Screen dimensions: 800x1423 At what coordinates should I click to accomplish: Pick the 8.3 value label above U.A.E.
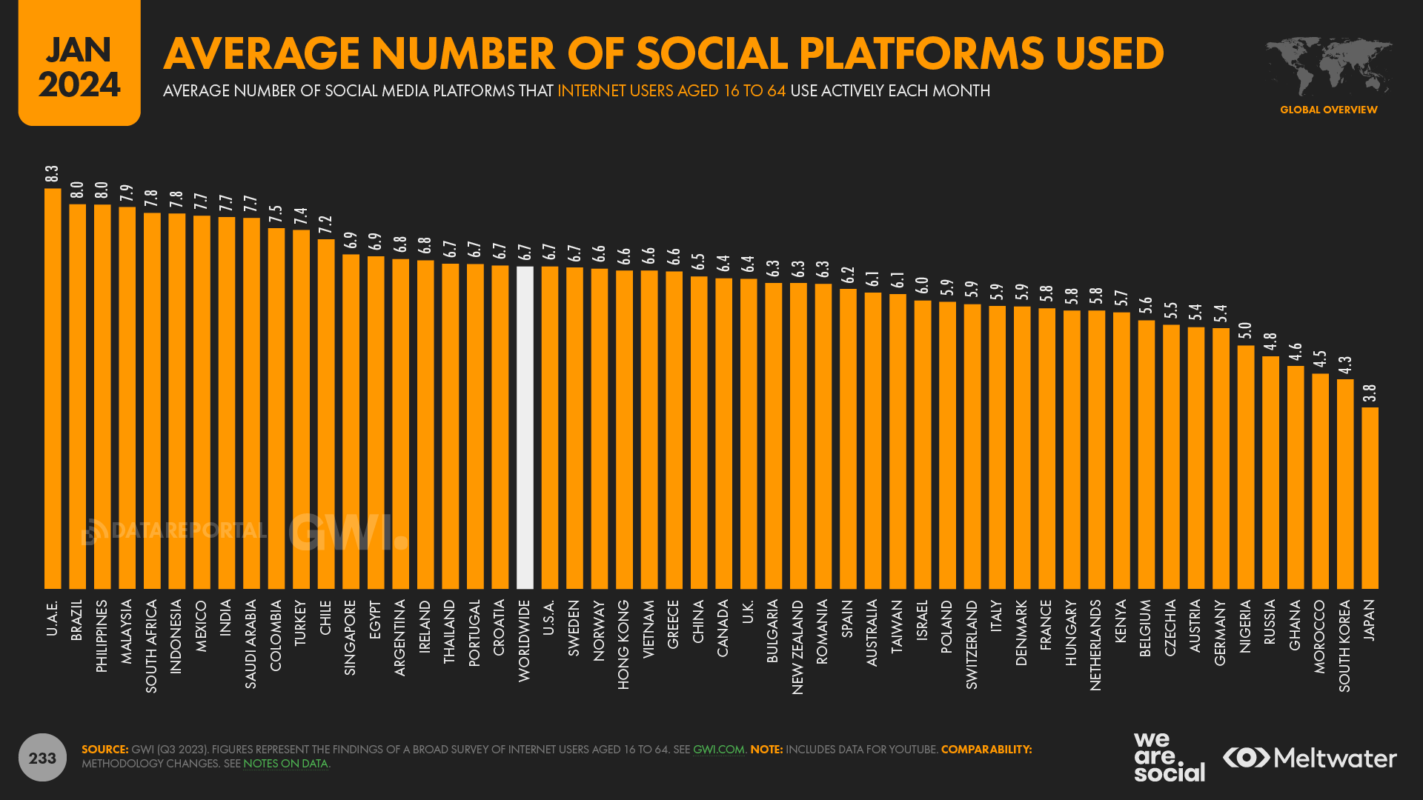tap(52, 174)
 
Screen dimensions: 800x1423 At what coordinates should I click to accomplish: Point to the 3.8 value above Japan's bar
tap(1370, 393)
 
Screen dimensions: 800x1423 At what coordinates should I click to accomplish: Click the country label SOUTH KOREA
tap(1344, 646)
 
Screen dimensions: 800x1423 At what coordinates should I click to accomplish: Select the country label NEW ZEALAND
tap(797, 647)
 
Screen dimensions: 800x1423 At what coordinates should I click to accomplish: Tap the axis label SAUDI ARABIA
tap(251, 644)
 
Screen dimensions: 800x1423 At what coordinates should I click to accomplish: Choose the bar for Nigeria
tap(1246, 467)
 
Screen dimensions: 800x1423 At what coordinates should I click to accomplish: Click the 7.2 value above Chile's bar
tap(325, 225)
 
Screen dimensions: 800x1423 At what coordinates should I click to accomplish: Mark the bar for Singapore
tap(351, 421)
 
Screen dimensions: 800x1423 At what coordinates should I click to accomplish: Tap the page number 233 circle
tap(42, 758)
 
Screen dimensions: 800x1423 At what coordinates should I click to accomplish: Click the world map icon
tap(1328, 67)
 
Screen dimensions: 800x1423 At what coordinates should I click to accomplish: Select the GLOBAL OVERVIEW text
tap(1328, 110)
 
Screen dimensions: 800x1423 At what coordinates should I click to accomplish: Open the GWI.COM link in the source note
tap(718, 750)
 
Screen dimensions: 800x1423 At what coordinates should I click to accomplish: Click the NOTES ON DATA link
tap(285, 764)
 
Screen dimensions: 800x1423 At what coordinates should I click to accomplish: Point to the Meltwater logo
tap(1310, 758)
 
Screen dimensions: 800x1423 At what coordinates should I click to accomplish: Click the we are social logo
tap(1169, 757)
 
